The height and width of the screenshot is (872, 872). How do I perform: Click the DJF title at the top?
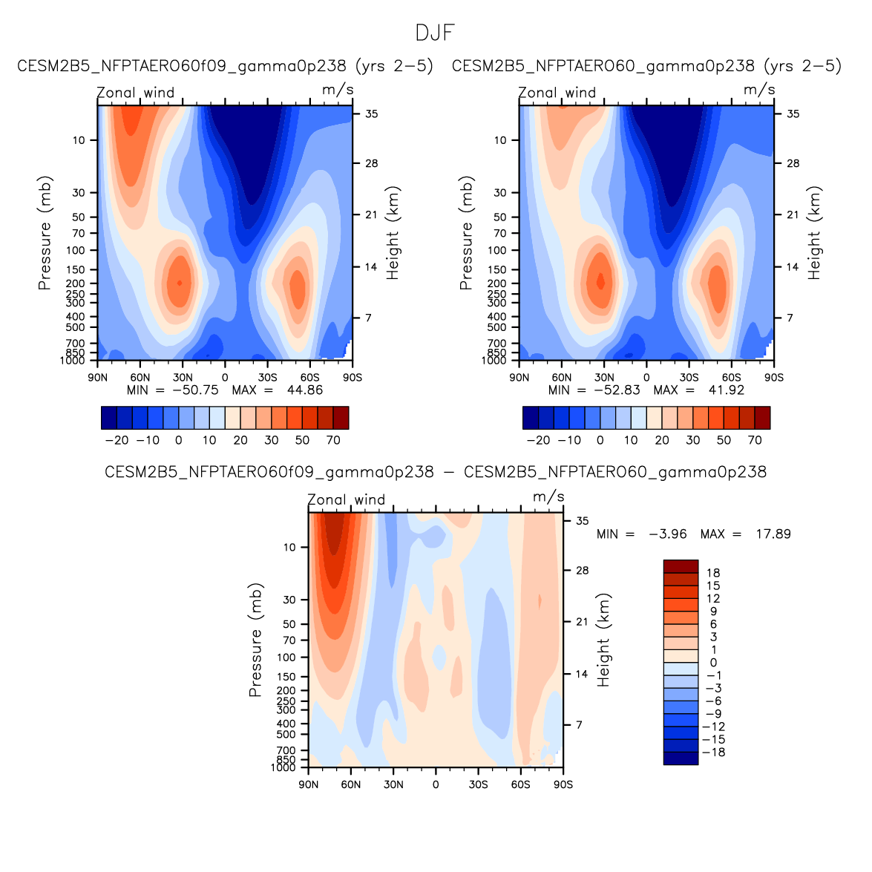434,33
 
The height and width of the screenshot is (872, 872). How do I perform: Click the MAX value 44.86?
305,390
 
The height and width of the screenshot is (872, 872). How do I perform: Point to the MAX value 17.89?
773,534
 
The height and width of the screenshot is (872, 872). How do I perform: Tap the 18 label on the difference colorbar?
713,573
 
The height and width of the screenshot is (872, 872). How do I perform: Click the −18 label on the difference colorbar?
713,753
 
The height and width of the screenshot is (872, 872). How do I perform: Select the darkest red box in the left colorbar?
341,418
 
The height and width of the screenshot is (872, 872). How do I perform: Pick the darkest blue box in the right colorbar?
531,418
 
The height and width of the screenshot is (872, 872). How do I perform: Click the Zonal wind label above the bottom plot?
347,500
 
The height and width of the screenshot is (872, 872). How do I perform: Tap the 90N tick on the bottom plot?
309,784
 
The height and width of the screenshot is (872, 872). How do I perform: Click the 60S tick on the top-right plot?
732,378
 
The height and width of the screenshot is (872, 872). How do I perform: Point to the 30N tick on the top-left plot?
183,378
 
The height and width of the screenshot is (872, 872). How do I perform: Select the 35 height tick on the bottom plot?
583,521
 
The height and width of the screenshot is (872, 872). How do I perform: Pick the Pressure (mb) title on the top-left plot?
45,233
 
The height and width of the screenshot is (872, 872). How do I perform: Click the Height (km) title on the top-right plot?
815,233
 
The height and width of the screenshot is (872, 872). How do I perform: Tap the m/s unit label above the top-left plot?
338,90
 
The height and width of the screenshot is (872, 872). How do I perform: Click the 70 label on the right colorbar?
755,440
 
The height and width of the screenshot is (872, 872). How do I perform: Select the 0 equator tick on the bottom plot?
436,784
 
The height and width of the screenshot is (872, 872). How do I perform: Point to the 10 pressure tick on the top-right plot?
500,140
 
